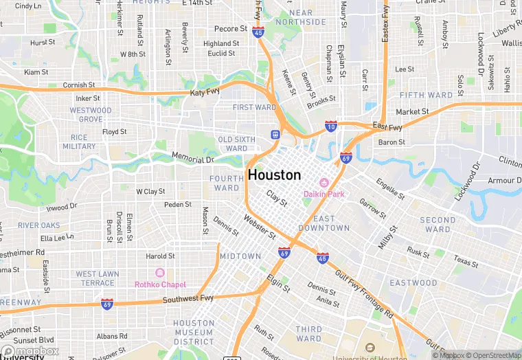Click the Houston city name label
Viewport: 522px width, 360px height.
[274, 175]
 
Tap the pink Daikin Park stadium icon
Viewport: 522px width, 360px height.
[326, 183]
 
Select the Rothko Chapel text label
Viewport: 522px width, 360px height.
[161, 284]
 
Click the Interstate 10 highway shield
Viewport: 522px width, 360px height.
[331, 126]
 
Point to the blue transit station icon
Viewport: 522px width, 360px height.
[275, 135]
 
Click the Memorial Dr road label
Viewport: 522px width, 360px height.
[193, 159]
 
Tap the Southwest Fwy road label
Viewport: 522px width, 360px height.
[188, 300]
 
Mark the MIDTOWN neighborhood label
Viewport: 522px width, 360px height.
[240, 256]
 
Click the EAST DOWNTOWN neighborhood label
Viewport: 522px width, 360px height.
[324, 223]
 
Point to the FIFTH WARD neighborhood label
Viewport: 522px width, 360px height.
[426, 95]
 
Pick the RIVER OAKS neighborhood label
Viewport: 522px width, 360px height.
[39, 225]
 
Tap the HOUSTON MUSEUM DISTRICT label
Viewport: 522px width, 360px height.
[194, 333]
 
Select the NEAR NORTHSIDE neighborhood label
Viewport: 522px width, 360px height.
[301, 17]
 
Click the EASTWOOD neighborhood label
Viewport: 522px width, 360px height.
[413, 282]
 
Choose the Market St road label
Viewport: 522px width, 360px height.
[412, 111]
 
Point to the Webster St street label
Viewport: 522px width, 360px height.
[260, 227]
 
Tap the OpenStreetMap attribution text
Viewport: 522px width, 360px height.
[492, 355]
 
